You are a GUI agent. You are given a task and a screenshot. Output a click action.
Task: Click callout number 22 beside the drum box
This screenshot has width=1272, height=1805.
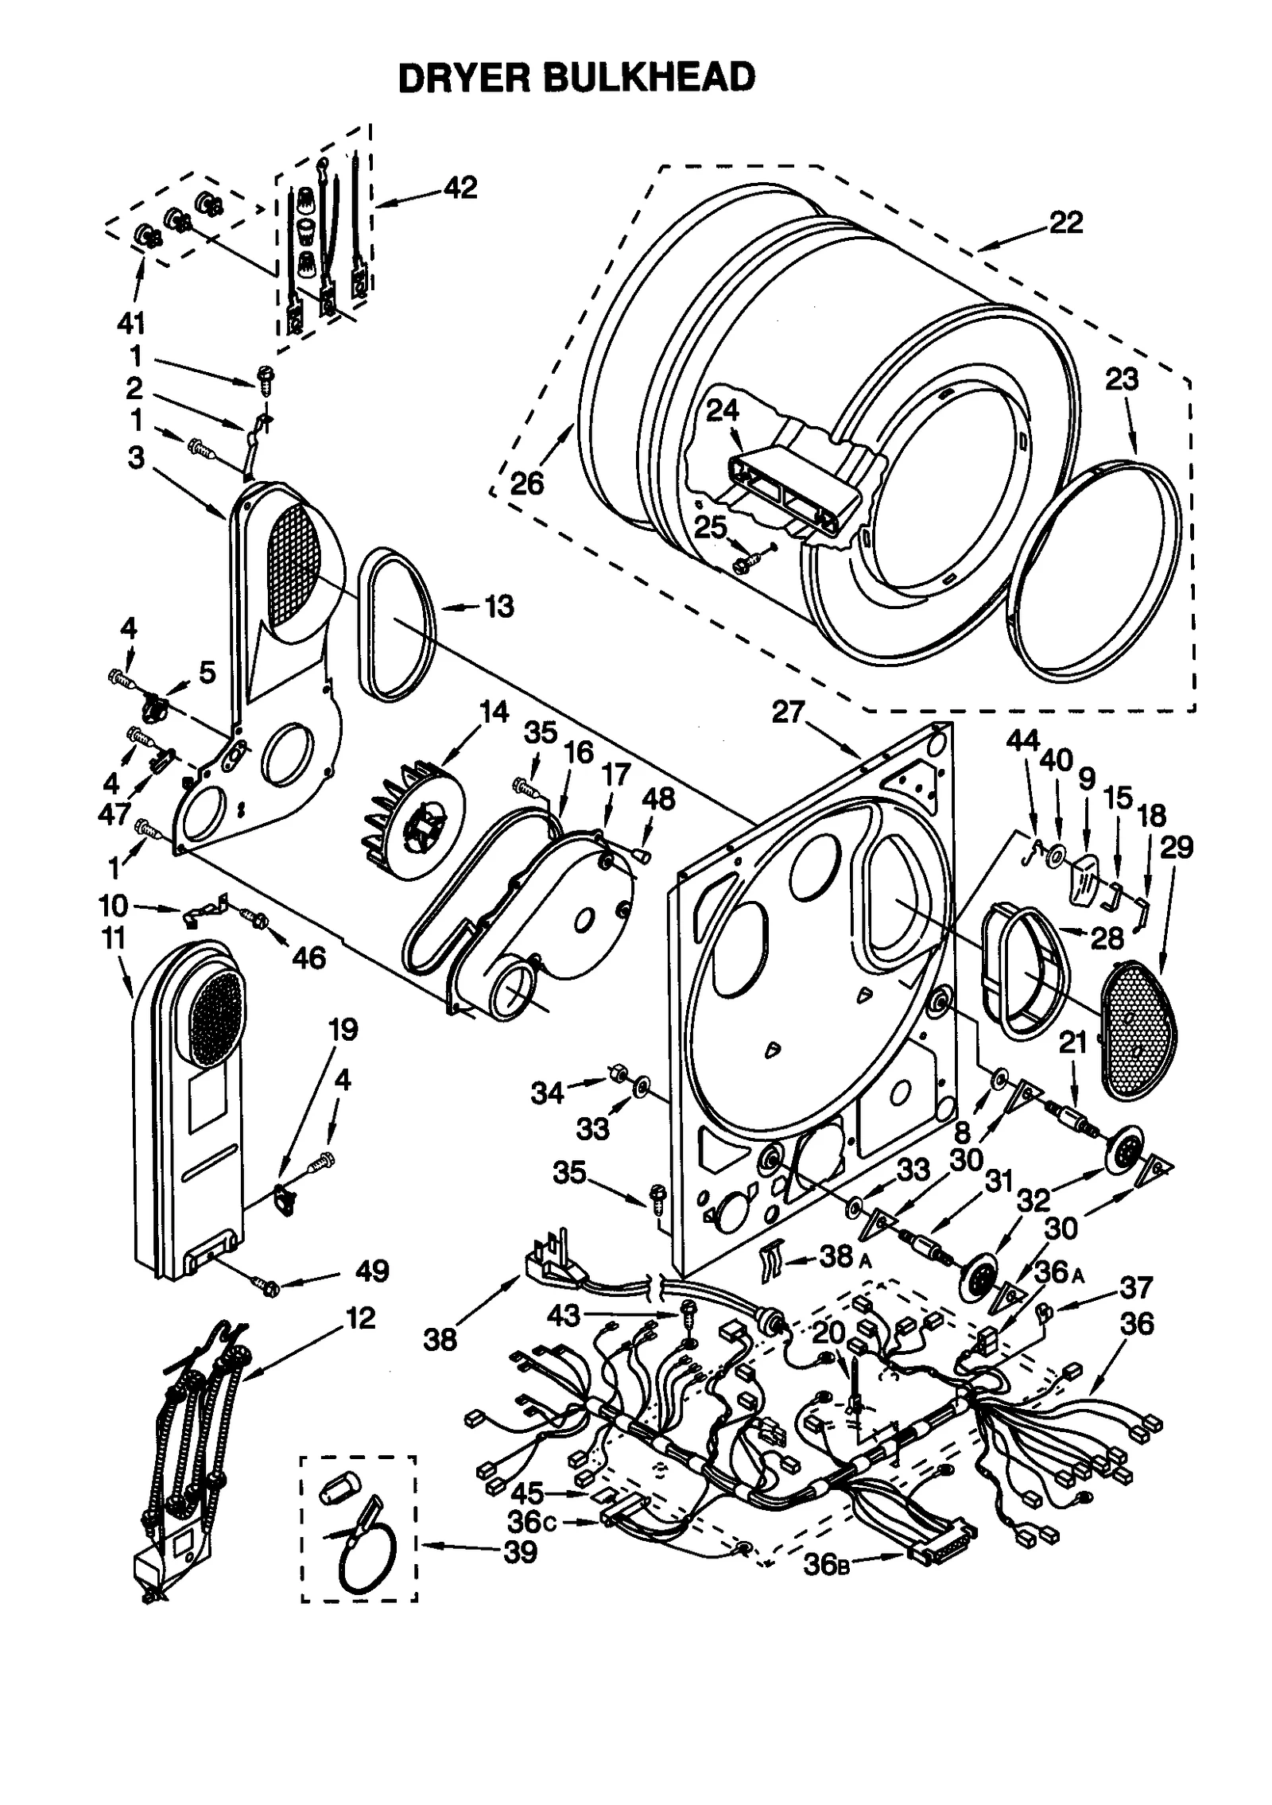click(1065, 223)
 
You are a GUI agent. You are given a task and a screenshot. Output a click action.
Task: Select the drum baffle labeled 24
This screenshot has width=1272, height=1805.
click(795, 493)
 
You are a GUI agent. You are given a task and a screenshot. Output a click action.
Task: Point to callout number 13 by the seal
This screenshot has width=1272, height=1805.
click(499, 607)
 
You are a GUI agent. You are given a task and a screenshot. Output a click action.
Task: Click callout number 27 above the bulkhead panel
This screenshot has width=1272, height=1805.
click(788, 712)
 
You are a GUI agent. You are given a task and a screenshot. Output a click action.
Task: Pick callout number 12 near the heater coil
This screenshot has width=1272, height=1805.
click(360, 1318)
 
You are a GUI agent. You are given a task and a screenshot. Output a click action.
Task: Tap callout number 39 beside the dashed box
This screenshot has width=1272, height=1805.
click(521, 1551)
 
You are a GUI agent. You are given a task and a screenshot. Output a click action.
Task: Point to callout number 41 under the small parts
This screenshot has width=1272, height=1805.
click(131, 324)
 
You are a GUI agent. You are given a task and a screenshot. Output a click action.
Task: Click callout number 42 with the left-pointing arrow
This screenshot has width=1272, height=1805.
click(460, 188)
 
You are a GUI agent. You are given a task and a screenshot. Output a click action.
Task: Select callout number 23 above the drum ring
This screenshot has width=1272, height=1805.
click(1122, 380)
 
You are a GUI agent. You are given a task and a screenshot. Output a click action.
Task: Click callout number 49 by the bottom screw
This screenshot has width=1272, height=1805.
click(372, 1271)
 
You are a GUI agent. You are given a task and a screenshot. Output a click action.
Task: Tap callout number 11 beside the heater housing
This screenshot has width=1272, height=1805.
click(114, 939)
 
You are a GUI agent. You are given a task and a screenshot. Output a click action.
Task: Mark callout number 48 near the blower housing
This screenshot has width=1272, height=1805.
click(658, 798)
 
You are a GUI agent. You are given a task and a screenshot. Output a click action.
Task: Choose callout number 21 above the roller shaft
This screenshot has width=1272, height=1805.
click(1072, 1042)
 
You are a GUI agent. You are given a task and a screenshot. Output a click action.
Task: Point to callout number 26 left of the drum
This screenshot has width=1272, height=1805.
click(526, 483)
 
